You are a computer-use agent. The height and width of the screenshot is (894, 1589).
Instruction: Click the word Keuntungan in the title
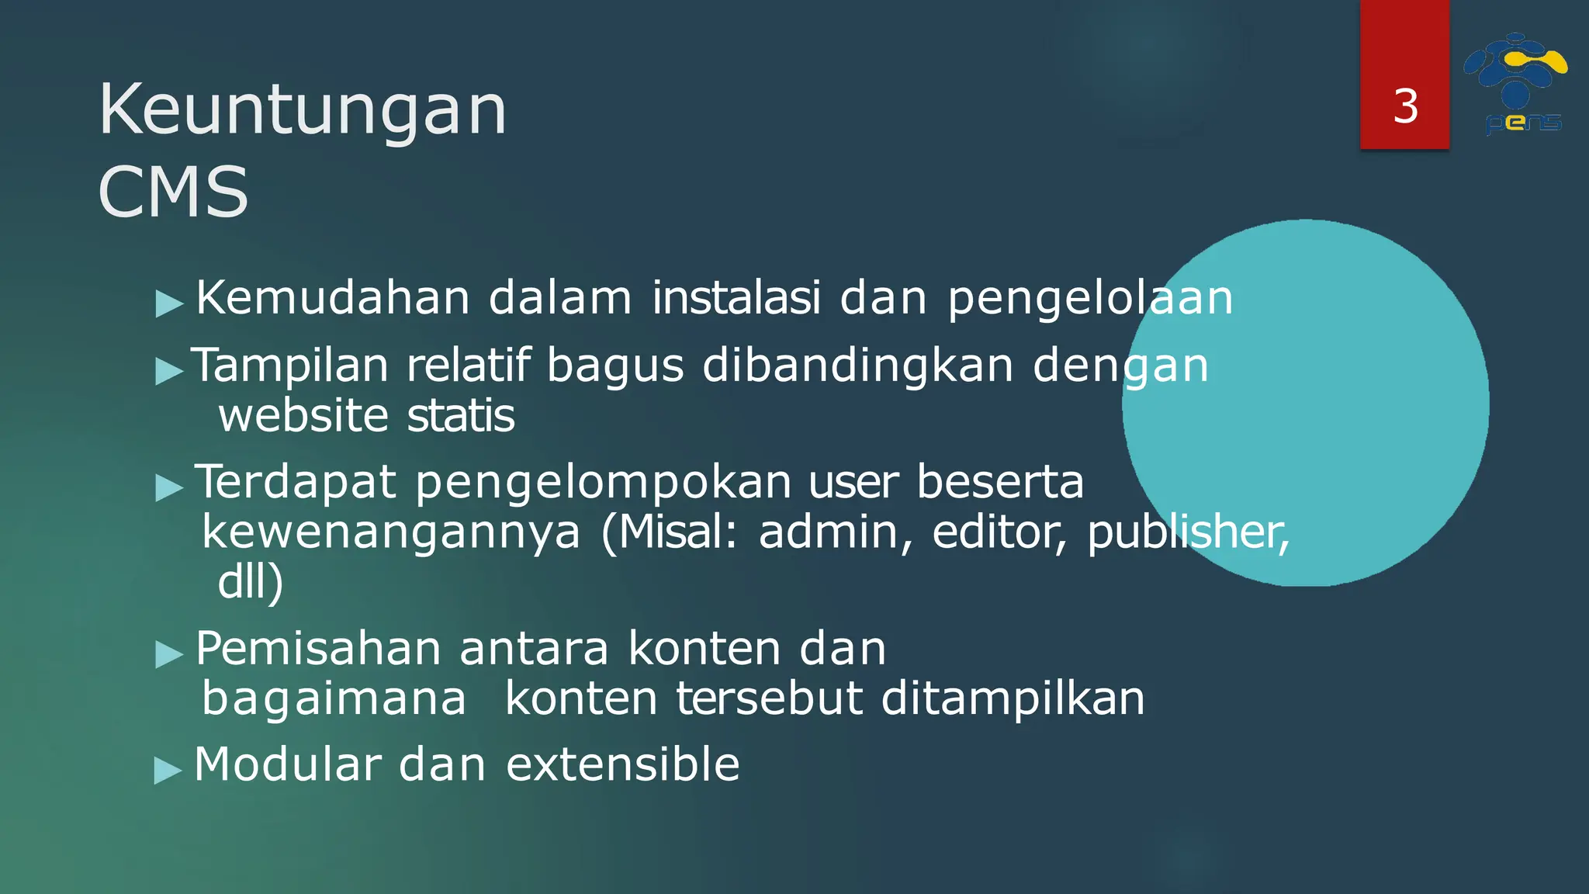click(303, 110)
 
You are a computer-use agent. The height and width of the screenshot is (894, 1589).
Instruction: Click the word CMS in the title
click(173, 192)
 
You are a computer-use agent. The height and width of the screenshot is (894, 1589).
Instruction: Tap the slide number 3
click(1405, 106)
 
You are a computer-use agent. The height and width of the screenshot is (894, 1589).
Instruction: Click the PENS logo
click(1515, 84)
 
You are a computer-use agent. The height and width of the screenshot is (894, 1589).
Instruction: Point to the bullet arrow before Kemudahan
click(169, 303)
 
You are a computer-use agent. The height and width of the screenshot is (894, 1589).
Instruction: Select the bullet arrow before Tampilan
click(169, 371)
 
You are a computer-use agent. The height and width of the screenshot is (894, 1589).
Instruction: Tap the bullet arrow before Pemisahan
click(169, 653)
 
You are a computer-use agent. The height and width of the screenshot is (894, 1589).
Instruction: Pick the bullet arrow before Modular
click(168, 770)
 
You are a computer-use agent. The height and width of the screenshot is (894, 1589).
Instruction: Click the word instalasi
click(736, 298)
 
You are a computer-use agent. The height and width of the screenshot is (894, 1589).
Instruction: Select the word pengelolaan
click(1090, 300)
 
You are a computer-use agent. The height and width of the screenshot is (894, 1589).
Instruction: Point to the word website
click(303, 416)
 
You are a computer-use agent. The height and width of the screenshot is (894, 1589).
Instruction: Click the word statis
click(461, 416)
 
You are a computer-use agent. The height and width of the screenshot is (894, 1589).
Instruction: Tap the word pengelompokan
click(604, 483)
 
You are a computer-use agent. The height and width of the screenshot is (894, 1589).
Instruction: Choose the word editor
click(999, 532)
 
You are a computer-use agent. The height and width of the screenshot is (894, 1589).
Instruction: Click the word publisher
click(1187, 534)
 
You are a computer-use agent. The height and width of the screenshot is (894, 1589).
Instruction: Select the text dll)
click(251, 582)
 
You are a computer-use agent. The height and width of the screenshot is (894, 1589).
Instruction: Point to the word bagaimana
click(334, 699)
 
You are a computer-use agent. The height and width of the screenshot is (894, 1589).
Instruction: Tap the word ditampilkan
click(1013, 699)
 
